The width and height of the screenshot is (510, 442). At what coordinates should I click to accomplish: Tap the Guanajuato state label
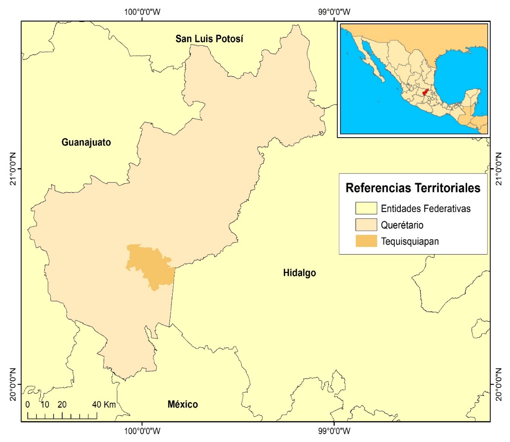86,142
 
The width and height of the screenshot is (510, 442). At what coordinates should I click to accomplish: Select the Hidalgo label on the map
300,273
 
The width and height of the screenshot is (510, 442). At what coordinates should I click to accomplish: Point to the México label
183,405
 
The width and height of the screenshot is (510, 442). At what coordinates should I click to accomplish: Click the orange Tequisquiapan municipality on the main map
151,265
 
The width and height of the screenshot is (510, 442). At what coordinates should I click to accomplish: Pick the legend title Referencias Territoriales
413,188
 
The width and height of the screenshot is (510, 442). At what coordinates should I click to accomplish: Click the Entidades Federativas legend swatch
366,209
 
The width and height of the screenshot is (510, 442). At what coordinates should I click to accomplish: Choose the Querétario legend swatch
366,225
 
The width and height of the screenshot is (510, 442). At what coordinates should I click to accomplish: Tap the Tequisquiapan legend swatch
366,241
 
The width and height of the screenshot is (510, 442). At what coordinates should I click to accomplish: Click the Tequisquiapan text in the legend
410,241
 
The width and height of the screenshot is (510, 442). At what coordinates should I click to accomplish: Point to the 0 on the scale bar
28,405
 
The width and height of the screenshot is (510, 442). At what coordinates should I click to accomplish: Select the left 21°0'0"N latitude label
13,169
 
